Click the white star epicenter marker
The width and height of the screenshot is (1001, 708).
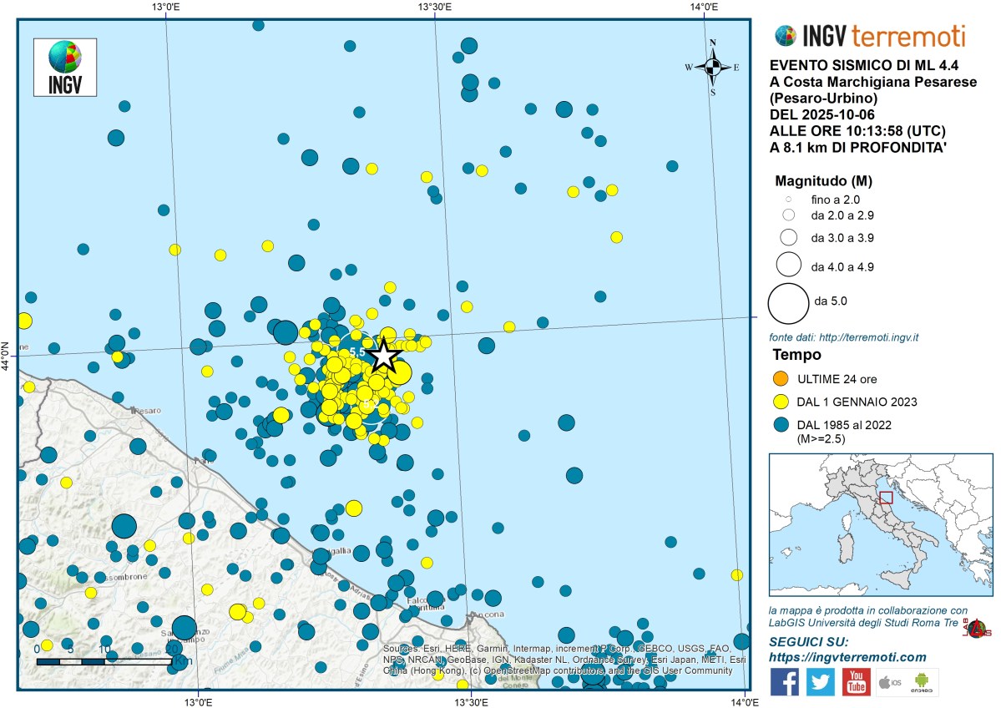click(382, 356)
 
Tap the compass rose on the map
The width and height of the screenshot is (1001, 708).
click(713, 67)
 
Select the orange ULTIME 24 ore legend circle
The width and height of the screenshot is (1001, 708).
click(782, 378)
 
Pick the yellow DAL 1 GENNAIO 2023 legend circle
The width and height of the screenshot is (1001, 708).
click(782, 402)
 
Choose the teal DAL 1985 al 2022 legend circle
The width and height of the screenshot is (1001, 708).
click(782, 425)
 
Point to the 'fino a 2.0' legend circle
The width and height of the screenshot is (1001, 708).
click(787, 200)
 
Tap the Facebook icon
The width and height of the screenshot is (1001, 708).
click(784, 681)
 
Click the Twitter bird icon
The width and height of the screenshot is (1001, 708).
click(820, 681)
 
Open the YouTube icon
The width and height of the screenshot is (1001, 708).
click(856, 681)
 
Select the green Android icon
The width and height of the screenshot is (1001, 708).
click(922, 681)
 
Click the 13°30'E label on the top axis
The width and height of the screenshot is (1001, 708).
click(434, 8)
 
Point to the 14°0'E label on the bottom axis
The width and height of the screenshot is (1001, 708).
click(745, 700)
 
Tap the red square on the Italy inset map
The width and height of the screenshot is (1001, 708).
click(886, 498)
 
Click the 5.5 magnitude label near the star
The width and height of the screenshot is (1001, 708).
click(356, 352)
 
